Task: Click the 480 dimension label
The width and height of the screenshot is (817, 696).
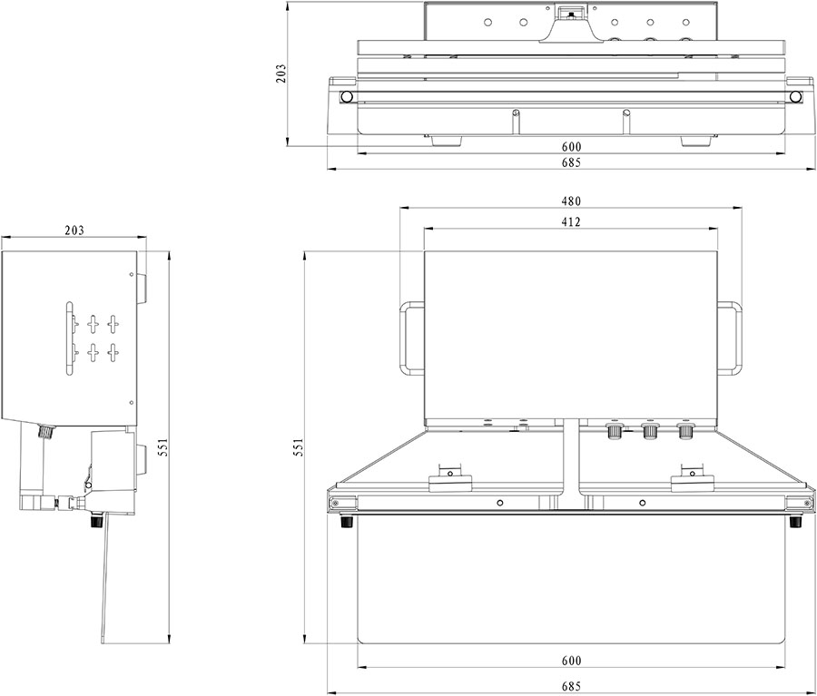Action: [x=571, y=201]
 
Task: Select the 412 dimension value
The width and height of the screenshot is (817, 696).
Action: [x=571, y=222]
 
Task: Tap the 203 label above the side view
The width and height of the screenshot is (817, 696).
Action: [x=74, y=230]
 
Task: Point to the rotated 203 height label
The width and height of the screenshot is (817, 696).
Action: [x=281, y=74]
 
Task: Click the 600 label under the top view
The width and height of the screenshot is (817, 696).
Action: [x=571, y=147]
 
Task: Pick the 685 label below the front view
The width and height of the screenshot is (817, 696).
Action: [x=571, y=686]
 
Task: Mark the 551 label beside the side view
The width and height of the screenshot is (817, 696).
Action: [x=162, y=447]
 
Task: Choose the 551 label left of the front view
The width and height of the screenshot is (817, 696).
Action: [x=298, y=447]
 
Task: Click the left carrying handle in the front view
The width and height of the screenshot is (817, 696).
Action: [x=402, y=338]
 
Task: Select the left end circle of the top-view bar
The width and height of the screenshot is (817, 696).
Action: [x=347, y=97]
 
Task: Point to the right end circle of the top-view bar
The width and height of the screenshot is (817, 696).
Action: [x=795, y=97]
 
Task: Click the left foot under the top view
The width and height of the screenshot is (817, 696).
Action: [x=446, y=141]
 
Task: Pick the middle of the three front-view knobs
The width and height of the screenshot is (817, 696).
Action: [x=649, y=431]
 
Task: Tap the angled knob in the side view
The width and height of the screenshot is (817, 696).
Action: [x=47, y=432]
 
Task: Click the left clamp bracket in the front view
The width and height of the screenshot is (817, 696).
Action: [x=450, y=480]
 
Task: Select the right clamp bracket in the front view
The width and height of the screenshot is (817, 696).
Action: [x=692, y=480]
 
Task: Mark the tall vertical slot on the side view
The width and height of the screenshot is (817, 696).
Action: [x=69, y=338]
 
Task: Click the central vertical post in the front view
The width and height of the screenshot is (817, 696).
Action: [x=571, y=464]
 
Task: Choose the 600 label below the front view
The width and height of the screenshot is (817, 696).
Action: [x=571, y=661]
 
